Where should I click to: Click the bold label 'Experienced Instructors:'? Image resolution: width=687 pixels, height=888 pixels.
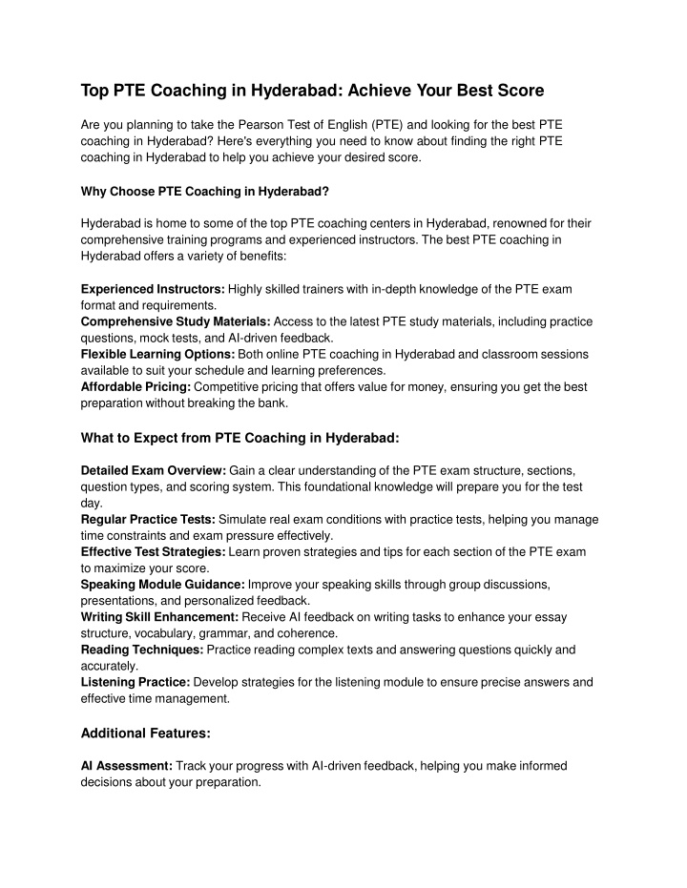click(153, 288)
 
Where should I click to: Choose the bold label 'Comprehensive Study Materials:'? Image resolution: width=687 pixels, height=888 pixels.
click(176, 321)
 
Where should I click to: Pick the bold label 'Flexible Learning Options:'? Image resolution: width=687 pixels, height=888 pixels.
click(157, 354)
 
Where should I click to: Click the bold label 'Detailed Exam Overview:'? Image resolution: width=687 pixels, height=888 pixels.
click(154, 470)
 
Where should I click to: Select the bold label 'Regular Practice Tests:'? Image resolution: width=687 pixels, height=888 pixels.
click(148, 519)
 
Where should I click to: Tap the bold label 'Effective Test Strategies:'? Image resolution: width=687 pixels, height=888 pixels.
click(153, 552)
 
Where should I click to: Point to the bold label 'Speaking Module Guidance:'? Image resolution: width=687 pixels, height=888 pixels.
click(163, 585)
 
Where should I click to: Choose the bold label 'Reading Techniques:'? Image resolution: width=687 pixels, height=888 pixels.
click(142, 650)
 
